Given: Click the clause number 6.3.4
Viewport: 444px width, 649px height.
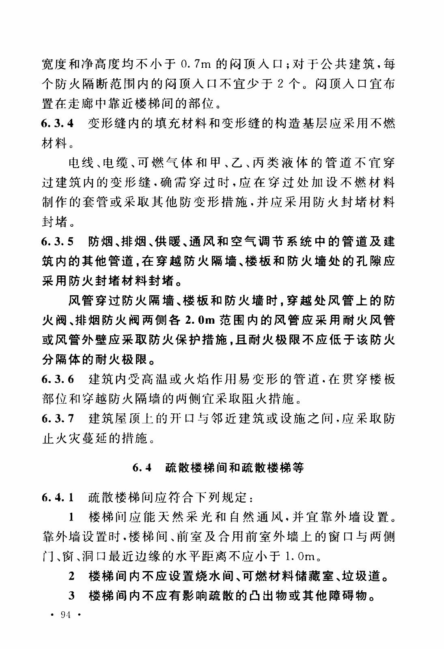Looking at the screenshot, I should coord(58,124).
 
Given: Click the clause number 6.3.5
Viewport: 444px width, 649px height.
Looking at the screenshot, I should coord(58,242).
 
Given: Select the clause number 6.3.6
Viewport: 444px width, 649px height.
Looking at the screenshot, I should coord(58,380).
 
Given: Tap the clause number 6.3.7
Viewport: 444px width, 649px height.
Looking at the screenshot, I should coord(58,419).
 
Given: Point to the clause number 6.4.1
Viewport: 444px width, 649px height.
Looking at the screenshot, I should coord(58,497).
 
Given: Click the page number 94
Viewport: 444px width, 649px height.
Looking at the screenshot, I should coord(65,615).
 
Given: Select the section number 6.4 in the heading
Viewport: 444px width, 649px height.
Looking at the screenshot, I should coord(142,468).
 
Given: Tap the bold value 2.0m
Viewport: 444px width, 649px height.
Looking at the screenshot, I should coord(199,320).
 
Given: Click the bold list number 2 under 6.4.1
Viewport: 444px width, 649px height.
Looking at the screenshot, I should coord(71,576).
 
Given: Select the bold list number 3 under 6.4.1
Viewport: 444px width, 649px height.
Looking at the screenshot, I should coord(71,596).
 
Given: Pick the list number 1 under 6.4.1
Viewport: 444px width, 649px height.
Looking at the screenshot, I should coord(71,517).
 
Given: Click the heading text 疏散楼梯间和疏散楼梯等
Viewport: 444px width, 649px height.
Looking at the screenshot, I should coord(235,468).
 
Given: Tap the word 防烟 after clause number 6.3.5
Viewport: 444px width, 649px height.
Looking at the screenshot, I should coord(101,242).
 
